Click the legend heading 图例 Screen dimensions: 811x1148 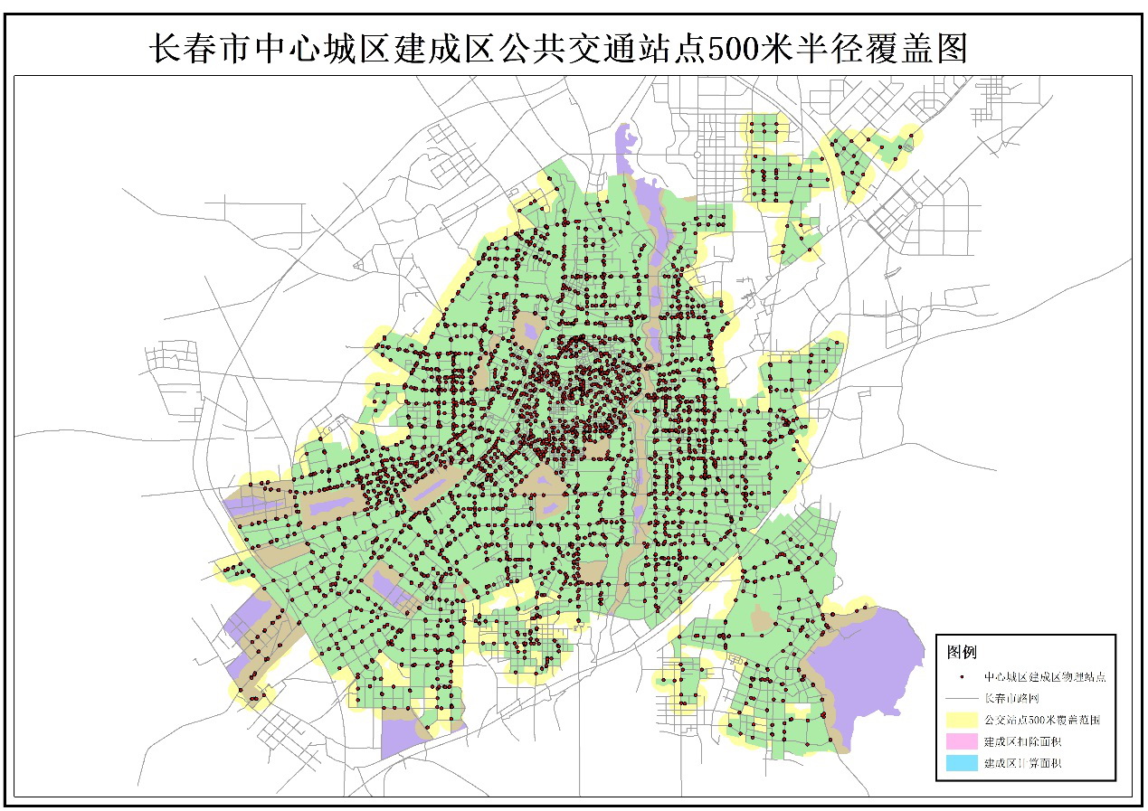pyautogui.click(x=962, y=651)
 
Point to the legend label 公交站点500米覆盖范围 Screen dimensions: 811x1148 pyautogui.click(x=1041, y=721)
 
